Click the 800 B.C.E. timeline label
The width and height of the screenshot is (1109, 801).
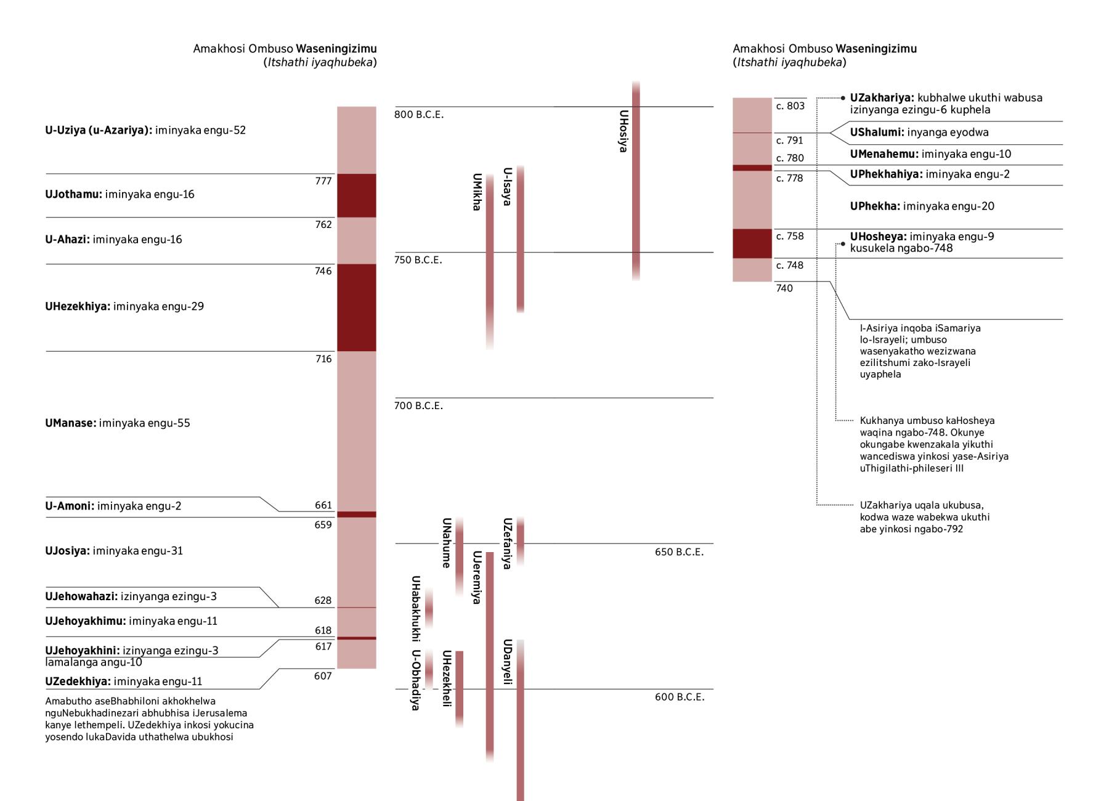419,115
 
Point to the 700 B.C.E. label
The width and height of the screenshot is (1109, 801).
419,405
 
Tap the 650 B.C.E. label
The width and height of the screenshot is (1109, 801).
679,552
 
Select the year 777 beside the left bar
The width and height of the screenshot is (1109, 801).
323,181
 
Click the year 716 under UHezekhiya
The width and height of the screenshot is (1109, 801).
323,359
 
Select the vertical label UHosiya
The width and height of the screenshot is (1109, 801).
624,131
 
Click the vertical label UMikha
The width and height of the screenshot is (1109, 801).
476,192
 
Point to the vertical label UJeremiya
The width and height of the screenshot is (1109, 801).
476,577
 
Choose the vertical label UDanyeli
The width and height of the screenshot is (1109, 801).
507,662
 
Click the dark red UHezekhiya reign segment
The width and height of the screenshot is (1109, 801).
356,307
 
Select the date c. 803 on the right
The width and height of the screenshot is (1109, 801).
790,106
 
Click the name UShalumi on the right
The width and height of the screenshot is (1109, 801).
876,132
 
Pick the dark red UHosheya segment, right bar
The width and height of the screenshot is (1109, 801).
752,243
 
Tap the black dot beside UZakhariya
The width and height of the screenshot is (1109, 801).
843,98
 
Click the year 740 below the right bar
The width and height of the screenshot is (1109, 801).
784,288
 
